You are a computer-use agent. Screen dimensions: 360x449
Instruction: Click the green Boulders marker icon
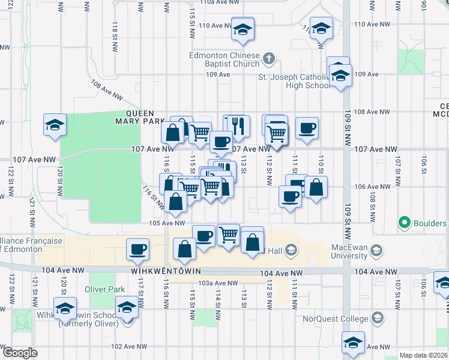coord(405,223)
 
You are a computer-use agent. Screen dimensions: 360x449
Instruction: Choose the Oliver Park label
coord(104,289)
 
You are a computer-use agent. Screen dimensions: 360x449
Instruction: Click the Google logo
coord(20,353)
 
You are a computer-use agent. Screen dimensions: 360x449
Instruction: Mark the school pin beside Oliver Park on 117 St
coord(127,310)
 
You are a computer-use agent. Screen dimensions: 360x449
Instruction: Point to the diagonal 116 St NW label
coord(154,197)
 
